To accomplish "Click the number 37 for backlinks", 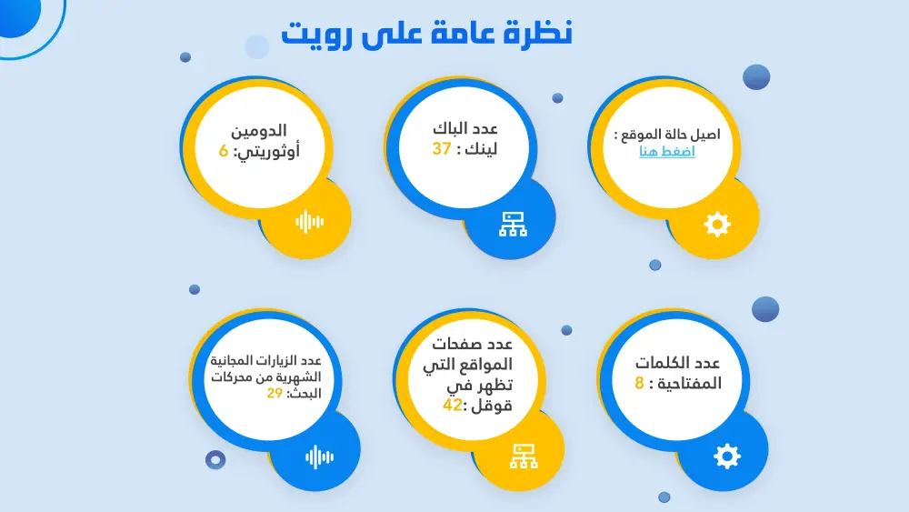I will click(x=442, y=149).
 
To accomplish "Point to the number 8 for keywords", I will click(x=640, y=383).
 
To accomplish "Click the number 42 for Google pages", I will click(x=453, y=406).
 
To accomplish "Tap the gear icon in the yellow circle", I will click(x=717, y=224).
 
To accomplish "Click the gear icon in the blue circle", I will click(x=727, y=456).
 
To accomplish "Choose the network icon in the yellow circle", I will click(x=523, y=457).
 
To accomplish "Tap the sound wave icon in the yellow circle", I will click(x=309, y=221).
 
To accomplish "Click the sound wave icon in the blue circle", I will click(x=319, y=457).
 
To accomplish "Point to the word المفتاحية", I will click(x=686, y=384).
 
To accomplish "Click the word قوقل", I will click(x=491, y=407).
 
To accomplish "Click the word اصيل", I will click(x=704, y=134).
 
